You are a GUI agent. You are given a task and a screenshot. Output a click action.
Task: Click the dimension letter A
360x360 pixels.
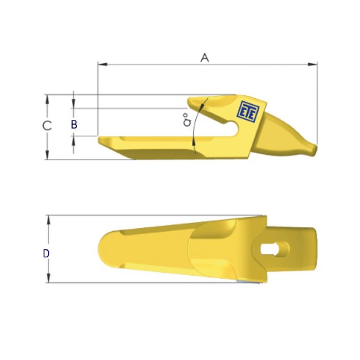205,58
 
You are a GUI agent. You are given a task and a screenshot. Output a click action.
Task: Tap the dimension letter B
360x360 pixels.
74,124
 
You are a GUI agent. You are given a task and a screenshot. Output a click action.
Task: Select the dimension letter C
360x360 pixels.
46,125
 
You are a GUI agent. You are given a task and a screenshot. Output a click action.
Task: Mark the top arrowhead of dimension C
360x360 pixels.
47,98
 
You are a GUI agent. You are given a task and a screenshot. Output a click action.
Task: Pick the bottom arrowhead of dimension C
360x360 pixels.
47,156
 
